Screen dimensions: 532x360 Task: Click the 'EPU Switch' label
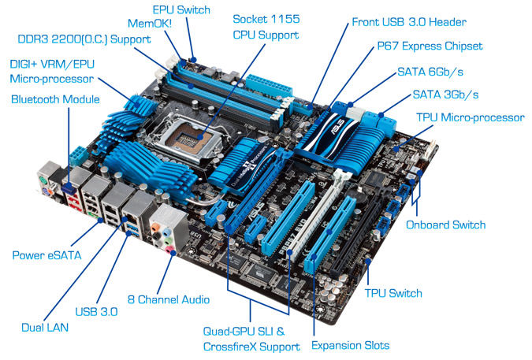coord(181,9)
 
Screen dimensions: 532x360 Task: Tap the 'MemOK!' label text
coord(150,24)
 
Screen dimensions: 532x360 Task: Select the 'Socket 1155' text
coord(266,19)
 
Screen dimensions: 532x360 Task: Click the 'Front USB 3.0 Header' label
coord(409,22)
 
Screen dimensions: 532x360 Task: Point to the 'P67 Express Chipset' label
coord(430,46)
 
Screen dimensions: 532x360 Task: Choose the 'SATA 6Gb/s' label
coord(430,72)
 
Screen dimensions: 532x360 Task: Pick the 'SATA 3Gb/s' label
coord(445,95)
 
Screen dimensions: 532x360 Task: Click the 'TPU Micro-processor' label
coord(471,117)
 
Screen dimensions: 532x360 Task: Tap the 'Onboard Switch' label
coord(445,225)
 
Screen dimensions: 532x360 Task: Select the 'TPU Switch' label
coord(393,293)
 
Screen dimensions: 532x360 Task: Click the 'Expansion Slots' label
coord(350,345)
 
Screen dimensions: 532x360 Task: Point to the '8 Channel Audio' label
coord(169,299)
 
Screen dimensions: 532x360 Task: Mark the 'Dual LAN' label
coord(45,327)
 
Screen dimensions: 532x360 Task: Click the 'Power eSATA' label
coord(47,255)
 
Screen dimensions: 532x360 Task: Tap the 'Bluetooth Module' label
coord(55,99)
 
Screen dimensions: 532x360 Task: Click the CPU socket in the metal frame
coord(188,138)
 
